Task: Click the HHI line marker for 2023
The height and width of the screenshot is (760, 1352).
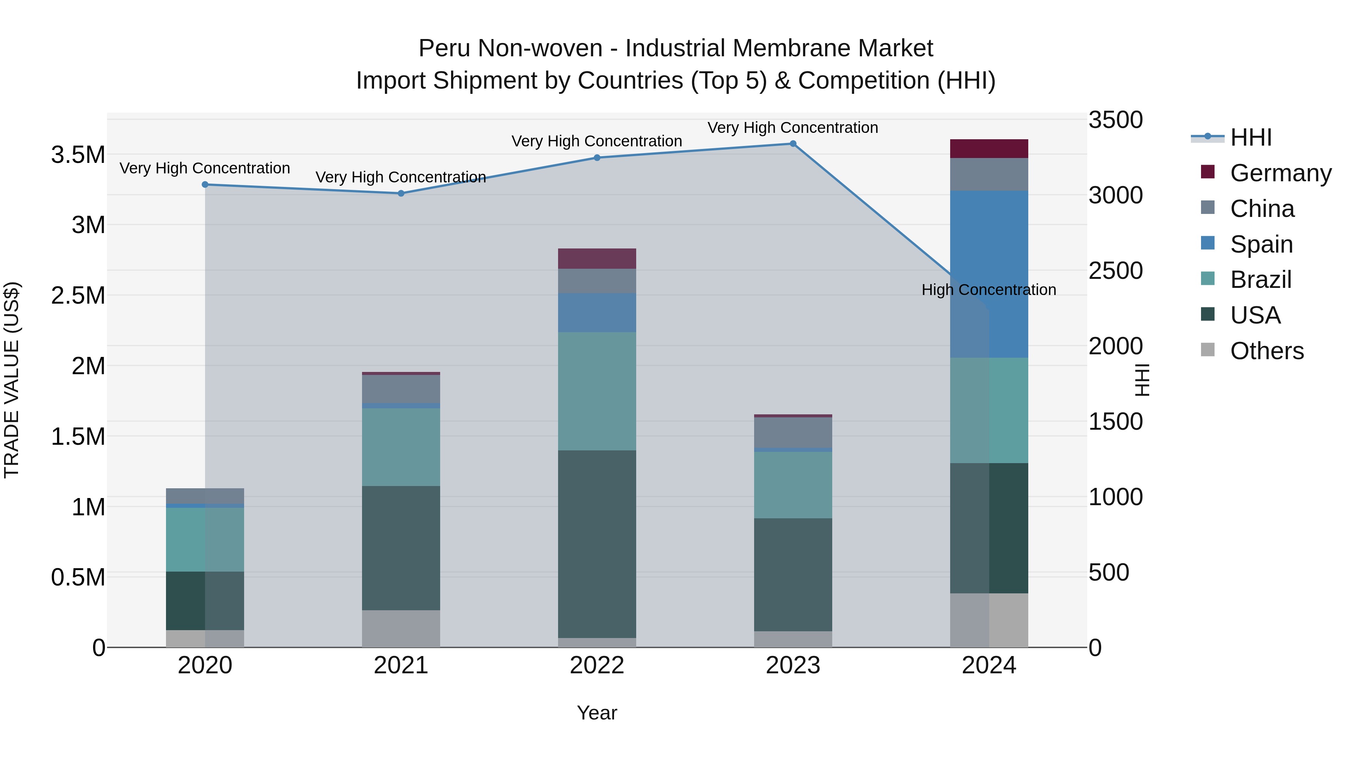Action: tap(792, 144)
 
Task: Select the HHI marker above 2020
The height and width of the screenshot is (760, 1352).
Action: tap(205, 185)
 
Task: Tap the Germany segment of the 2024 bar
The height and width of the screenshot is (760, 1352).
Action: tap(989, 149)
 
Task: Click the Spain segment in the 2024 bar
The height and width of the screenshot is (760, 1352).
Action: tap(989, 274)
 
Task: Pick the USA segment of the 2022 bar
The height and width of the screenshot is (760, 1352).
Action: tap(597, 544)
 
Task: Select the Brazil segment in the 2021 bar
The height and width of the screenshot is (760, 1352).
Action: tap(401, 447)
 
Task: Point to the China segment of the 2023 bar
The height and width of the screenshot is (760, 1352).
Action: tap(792, 433)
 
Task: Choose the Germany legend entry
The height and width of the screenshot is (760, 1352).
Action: tap(1280, 173)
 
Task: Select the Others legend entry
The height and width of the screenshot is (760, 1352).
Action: tap(1266, 351)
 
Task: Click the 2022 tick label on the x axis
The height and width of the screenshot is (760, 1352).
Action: tap(597, 665)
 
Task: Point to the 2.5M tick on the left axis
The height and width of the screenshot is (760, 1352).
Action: tap(78, 296)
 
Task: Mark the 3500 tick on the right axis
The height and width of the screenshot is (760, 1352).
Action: tap(1115, 120)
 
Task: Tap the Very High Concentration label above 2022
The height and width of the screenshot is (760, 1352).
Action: tap(597, 141)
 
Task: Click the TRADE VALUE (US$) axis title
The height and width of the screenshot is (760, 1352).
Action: tap(12, 380)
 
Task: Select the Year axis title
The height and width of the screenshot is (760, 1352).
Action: tap(597, 713)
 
